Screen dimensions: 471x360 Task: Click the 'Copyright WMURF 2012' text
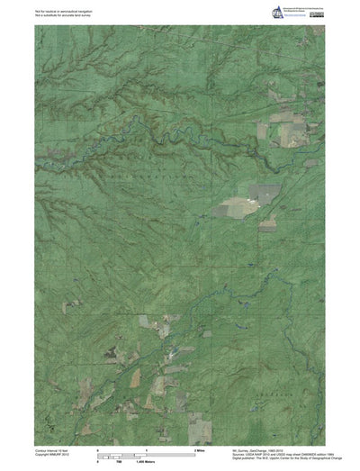pyautogui.click(x=52, y=454)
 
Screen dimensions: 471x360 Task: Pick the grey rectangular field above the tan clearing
pyautogui.click(x=267, y=192)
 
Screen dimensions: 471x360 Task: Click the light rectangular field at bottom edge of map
pyautogui.click(x=196, y=428)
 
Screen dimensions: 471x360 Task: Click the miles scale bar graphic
pyautogui.click(x=146, y=453)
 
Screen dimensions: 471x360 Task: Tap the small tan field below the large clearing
pyautogui.click(x=267, y=226)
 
